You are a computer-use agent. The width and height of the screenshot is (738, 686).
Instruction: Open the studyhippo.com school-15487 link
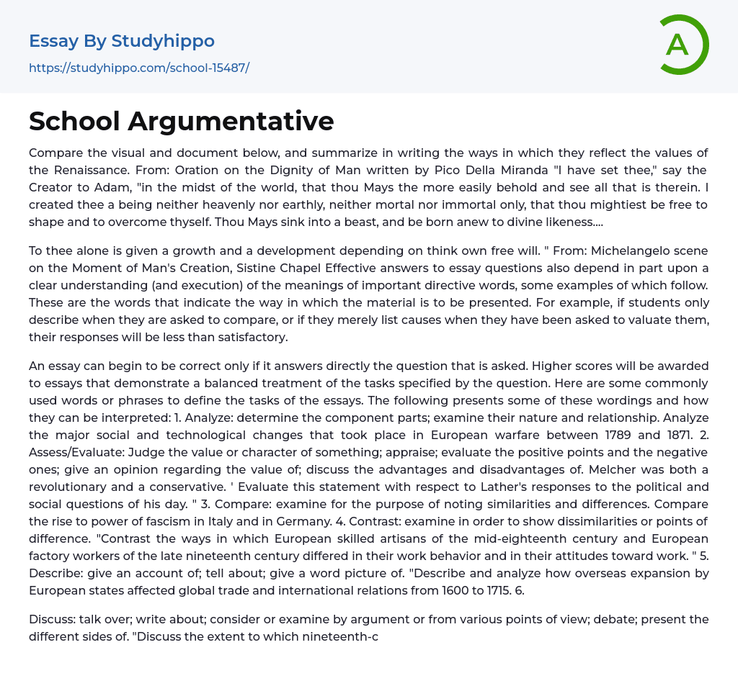(139, 68)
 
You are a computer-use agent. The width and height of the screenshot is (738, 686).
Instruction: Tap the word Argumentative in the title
(231, 121)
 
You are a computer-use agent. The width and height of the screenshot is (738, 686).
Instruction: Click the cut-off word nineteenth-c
(334, 636)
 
